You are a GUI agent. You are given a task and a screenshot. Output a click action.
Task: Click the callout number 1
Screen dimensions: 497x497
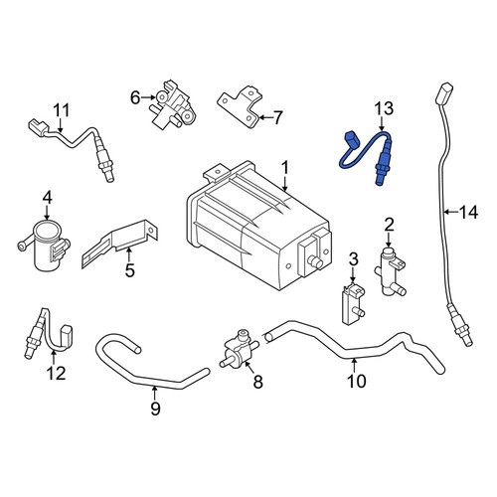[285, 168]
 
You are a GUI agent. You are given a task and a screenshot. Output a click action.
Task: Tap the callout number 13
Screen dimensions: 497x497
[384, 108]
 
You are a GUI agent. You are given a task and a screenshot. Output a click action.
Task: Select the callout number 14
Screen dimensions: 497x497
[468, 212]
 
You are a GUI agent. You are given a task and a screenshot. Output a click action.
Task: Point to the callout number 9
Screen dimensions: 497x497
[155, 408]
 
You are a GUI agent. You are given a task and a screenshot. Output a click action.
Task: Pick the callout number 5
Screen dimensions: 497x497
[129, 269]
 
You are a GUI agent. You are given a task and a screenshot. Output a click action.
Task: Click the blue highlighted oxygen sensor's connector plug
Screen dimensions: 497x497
[352, 139]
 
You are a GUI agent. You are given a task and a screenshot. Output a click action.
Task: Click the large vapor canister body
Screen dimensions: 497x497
[258, 226]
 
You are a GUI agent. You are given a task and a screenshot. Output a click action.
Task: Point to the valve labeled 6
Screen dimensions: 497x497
[171, 106]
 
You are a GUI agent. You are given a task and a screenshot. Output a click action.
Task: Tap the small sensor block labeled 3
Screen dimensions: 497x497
[353, 303]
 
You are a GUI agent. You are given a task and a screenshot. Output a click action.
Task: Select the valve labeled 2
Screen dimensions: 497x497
[391, 271]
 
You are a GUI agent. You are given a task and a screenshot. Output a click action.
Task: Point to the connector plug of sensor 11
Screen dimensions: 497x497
[37, 126]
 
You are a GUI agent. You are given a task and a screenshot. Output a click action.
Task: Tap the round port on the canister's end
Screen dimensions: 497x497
[315, 261]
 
